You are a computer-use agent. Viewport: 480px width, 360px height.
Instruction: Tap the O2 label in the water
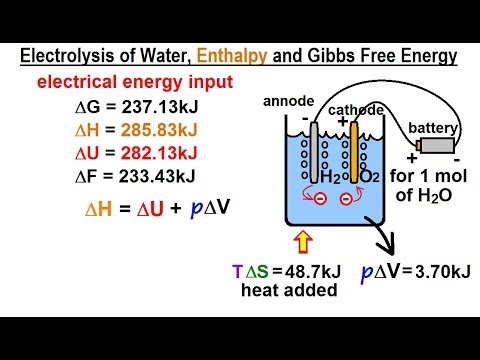335,177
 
